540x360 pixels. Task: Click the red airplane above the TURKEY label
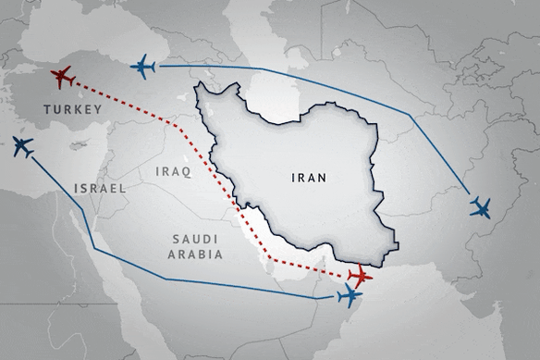tap(64, 79)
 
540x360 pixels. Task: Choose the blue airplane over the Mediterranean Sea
tap(22, 146)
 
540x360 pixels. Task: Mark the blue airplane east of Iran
tap(480, 207)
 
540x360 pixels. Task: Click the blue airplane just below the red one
tap(350, 296)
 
